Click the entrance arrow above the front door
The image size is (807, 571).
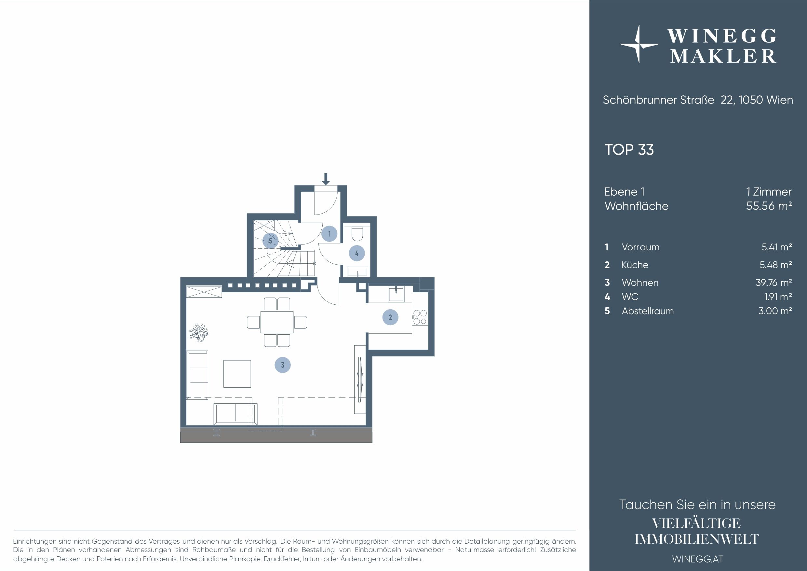click(x=326, y=179)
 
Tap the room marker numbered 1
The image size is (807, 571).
click(x=329, y=234)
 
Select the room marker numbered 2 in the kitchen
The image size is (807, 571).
click(x=390, y=317)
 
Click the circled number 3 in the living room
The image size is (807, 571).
click(x=283, y=365)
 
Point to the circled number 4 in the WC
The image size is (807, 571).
click(x=357, y=253)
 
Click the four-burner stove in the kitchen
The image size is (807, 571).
click(x=420, y=317)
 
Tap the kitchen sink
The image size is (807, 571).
click(x=396, y=294)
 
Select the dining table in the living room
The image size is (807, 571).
click(x=277, y=322)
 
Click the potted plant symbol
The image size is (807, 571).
click(x=199, y=332)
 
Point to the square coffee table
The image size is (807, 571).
click(x=237, y=374)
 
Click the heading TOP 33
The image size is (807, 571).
click(x=629, y=150)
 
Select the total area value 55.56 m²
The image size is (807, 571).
click(x=769, y=205)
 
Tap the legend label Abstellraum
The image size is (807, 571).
click(x=647, y=311)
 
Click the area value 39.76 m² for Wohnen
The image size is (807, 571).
click(x=773, y=283)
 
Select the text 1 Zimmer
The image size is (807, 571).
click(x=769, y=192)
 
